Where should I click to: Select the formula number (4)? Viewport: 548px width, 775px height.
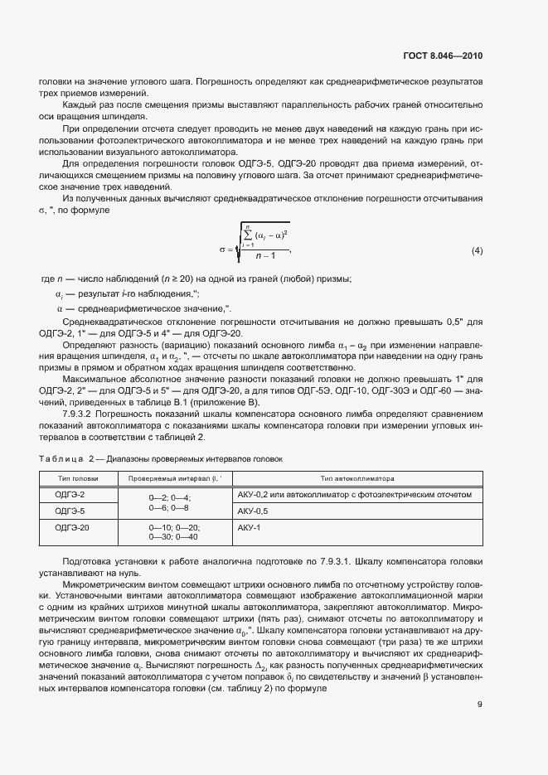tap(477, 250)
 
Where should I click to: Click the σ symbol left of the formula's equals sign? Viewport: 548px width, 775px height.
tap(222, 250)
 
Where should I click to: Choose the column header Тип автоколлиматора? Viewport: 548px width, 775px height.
tap(357, 478)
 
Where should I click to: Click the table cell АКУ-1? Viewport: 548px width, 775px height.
tap(249, 527)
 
